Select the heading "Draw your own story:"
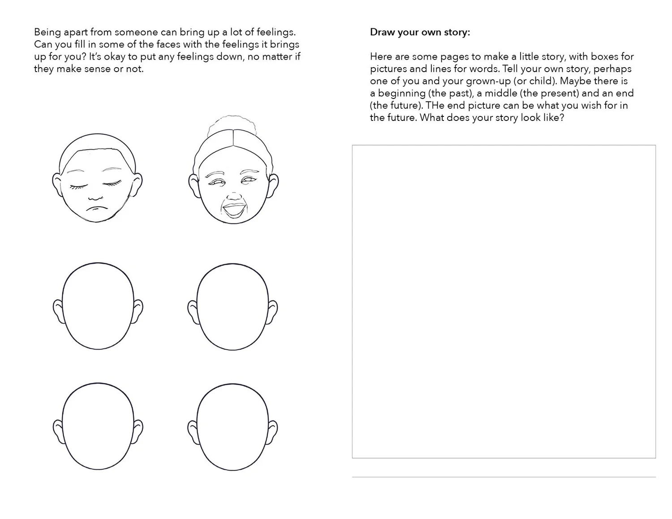tap(420, 32)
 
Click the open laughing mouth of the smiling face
tap(234, 210)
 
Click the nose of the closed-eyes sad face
tap(95, 197)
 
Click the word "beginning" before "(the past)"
tap(401, 94)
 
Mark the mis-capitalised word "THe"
tap(435, 106)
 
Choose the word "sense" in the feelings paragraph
tap(99, 69)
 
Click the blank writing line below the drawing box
tap(504, 476)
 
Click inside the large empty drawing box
tap(504, 301)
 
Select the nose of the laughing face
tap(234, 196)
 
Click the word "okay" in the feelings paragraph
tap(115, 57)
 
